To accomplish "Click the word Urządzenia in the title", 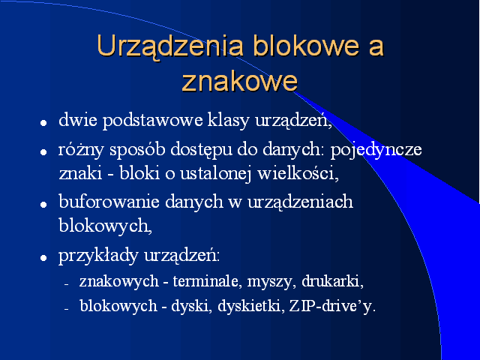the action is (x=170, y=46).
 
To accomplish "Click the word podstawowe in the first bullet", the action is (x=152, y=120).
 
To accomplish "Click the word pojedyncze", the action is (x=376, y=150).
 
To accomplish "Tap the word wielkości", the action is (x=298, y=173).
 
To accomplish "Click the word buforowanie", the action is (x=109, y=202).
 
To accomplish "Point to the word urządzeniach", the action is (x=300, y=202).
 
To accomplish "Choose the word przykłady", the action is (x=98, y=255).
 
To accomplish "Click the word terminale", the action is (x=205, y=281).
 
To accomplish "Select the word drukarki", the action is (x=332, y=281).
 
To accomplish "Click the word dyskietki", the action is (x=250, y=305).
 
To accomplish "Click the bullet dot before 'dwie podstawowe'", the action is (x=43, y=123).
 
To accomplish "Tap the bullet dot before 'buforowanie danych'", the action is (x=43, y=205).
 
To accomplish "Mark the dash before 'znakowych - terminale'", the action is (x=66, y=285).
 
